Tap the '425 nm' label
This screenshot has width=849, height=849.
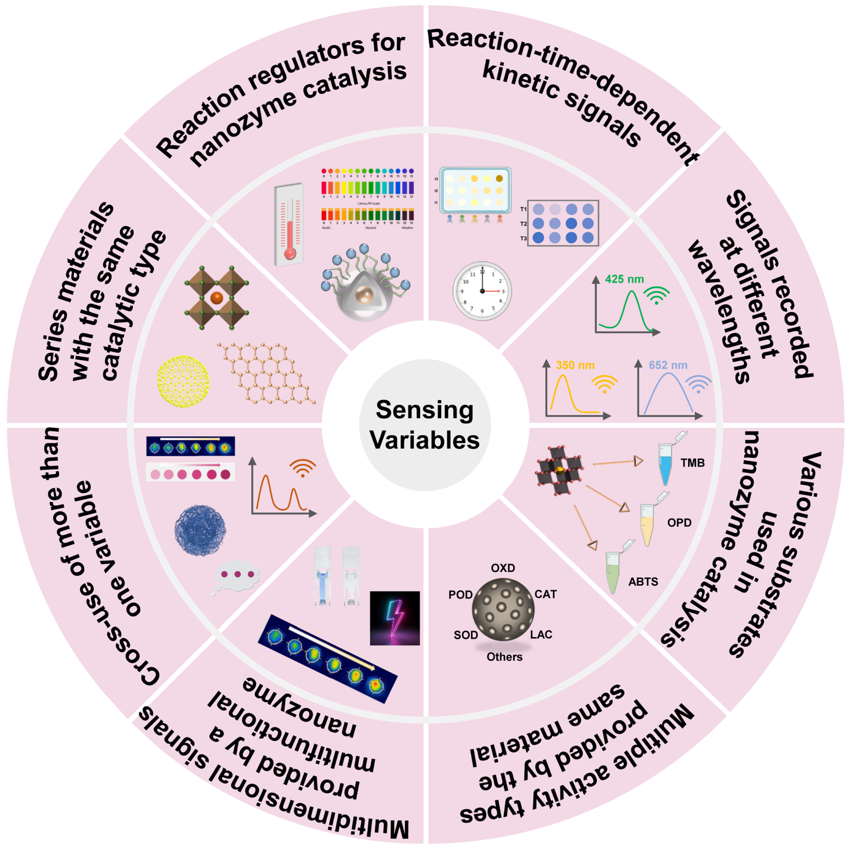coord(624,279)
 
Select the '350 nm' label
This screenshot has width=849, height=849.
coord(575,365)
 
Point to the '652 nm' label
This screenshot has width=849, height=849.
coord(668,365)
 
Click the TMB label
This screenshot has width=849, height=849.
coord(693,463)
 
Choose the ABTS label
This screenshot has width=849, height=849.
coord(643,582)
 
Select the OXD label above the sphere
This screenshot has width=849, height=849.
coord(503,568)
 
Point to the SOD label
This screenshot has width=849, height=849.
coord(465,635)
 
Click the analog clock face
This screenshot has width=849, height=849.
coord(482,291)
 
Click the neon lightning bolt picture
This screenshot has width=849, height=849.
coord(395,618)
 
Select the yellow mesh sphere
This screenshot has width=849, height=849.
coord(183,381)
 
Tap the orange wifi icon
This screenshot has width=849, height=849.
coord(302,468)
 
